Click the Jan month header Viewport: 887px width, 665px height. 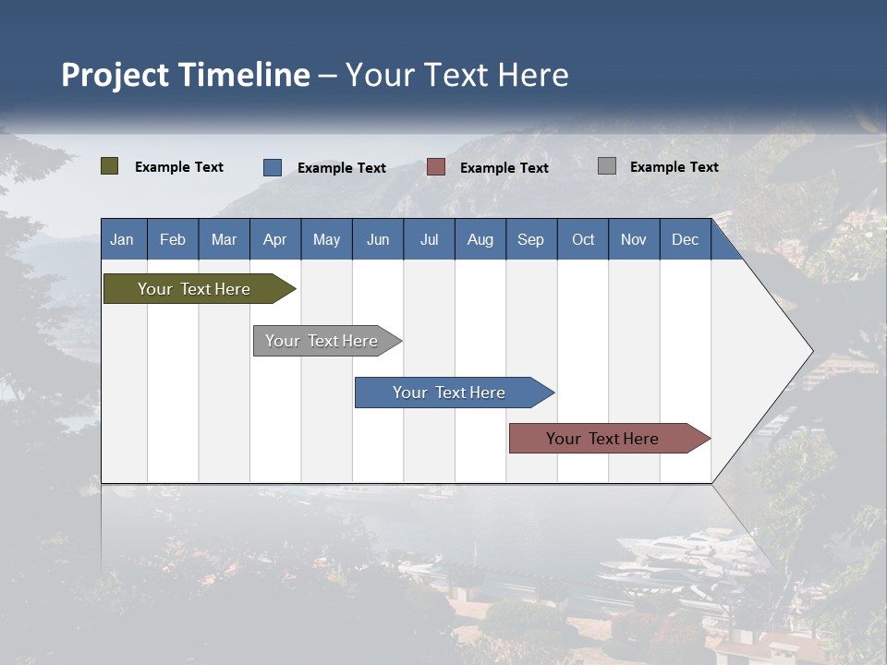[122, 239]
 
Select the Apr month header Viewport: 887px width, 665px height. [274, 239]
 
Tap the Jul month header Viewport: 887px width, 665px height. [429, 239]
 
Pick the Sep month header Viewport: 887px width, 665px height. [530, 239]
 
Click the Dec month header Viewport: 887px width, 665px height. [685, 239]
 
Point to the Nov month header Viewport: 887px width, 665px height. [633, 239]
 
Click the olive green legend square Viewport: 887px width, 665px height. [110, 166]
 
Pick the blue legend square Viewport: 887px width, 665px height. [273, 167]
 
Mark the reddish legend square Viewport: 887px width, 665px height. [436, 167]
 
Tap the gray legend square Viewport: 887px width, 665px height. [607, 166]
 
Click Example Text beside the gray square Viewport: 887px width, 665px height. [674, 166]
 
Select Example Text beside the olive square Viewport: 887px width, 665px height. [178, 166]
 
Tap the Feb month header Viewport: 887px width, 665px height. [173, 239]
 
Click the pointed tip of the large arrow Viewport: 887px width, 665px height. [810, 351]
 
